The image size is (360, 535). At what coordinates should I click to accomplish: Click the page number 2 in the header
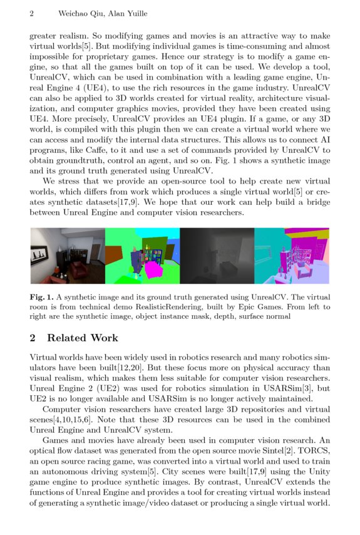coord(32,13)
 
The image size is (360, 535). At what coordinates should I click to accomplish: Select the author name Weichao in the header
coord(75,13)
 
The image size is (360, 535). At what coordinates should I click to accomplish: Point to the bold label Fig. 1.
coord(41,296)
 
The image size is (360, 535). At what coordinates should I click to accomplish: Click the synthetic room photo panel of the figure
coord(67,256)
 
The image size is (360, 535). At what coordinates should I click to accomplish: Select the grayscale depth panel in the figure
coord(217,256)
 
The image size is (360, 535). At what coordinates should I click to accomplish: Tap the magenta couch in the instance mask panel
coord(156,268)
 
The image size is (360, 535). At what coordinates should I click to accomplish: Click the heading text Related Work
coord(83,338)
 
